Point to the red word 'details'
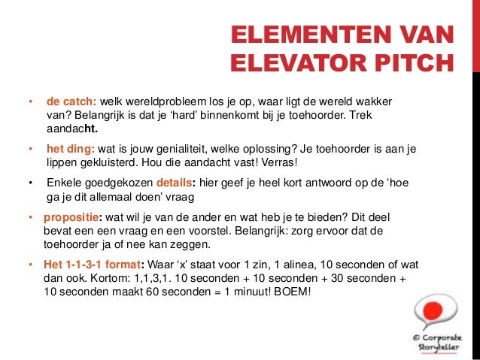coord(174,183)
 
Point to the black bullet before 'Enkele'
coord(30,183)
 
